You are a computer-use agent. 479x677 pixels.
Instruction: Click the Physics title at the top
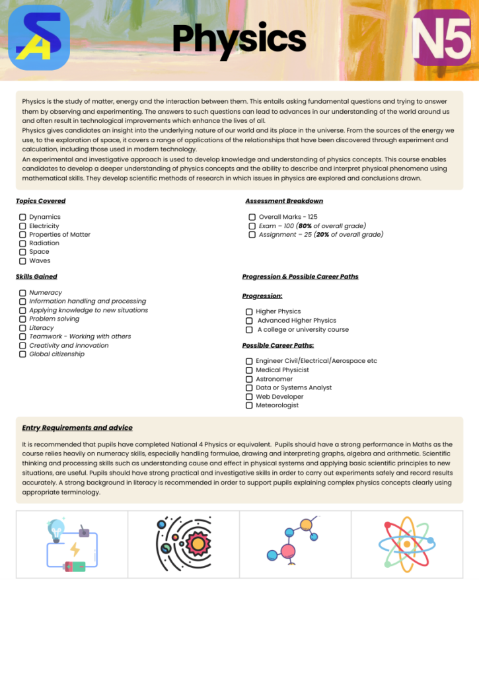point(239,38)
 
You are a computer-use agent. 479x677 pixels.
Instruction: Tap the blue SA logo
point(39,38)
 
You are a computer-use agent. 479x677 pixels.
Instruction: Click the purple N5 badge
point(441,38)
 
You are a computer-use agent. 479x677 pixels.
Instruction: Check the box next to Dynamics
point(23,218)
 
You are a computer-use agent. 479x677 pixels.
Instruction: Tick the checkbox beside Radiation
point(23,243)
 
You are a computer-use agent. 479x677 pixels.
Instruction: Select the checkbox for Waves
point(23,261)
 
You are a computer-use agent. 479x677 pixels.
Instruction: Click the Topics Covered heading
point(41,201)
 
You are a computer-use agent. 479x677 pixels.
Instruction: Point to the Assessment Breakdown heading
point(284,201)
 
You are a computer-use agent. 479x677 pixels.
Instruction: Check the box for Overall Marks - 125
point(252,218)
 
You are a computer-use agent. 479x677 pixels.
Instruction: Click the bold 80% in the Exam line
point(305,226)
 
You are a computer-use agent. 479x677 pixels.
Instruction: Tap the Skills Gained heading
point(36,276)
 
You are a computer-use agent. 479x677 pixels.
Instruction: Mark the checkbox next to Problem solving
point(23,319)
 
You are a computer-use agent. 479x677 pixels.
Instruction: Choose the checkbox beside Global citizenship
point(23,354)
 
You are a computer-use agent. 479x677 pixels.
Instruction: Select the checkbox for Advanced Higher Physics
point(249,321)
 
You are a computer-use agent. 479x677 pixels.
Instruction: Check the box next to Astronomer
point(249,379)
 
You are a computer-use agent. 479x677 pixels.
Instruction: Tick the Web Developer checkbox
point(249,397)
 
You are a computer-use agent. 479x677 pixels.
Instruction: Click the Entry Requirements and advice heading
point(77,428)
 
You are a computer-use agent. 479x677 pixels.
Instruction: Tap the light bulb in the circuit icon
point(56,529)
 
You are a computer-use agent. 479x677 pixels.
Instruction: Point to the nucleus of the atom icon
point(407,544)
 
